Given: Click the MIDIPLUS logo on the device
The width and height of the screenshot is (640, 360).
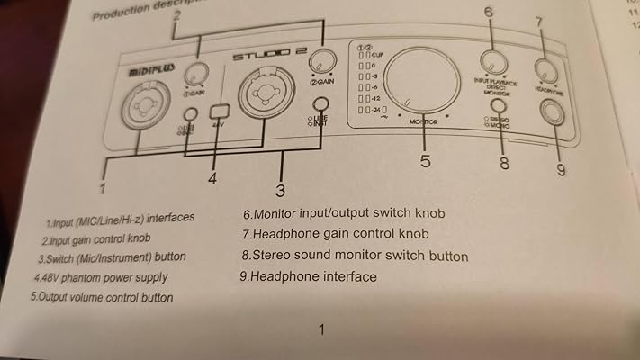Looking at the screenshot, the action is click(x=145, y=68).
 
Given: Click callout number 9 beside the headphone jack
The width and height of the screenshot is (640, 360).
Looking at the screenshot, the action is click(x=561, y=168).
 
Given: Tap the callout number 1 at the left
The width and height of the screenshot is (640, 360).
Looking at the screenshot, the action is click(x=104, y=189).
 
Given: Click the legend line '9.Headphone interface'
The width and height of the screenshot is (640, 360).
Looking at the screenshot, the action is click(x=308, y=276).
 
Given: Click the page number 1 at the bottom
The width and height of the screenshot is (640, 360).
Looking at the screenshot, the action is click(x=321, y=329).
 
